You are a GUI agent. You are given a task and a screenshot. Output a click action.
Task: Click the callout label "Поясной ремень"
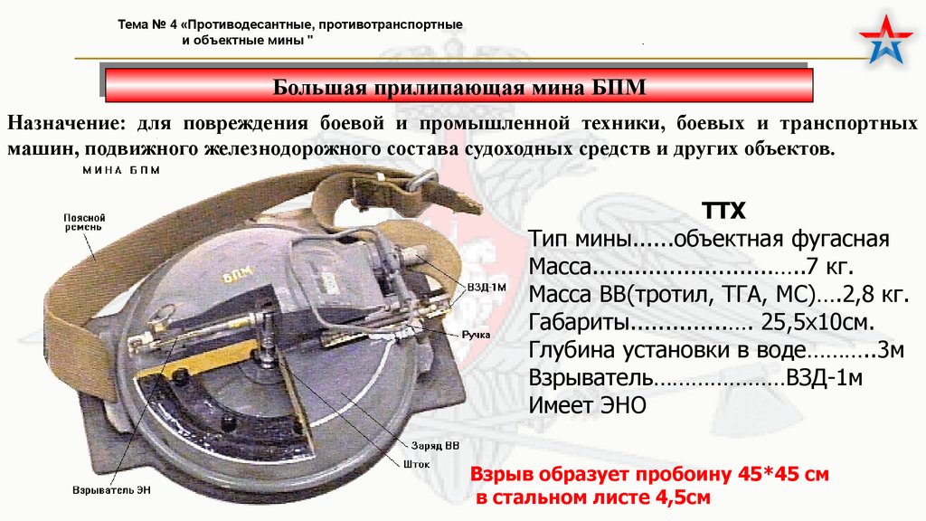(x=84, y=223)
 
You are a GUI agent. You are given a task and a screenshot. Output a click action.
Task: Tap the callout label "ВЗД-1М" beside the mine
(x=487, y=288)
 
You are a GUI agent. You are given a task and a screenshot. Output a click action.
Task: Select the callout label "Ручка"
(x=476, y=335)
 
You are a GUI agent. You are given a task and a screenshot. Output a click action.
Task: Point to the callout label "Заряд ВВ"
(x=435, y=446)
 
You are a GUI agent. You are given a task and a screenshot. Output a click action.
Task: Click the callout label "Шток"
(x=416, y=464)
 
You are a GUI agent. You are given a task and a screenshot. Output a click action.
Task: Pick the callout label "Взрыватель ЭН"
(x=111, y=490)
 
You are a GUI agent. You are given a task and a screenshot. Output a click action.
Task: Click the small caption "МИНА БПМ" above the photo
(x=121, y=170)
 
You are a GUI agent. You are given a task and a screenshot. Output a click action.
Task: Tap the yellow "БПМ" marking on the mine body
(x=239, y=273)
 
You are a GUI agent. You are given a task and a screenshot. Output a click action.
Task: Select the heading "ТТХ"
(x=723, y=211)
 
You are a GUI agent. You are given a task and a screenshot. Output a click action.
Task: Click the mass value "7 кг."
(x=830, y=267)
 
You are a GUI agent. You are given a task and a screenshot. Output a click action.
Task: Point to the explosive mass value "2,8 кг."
(x=875, y=294)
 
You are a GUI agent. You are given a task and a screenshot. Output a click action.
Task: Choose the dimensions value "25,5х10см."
(x=817, y=322)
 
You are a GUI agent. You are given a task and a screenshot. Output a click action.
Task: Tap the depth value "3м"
(x=891, y=350)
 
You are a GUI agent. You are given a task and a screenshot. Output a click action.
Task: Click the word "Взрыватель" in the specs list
(x=591, y=377)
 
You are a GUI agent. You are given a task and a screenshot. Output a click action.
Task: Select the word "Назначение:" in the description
(x=67, y=123)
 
